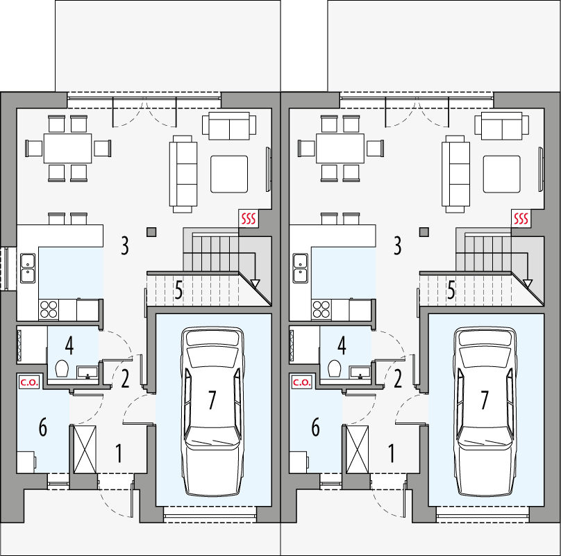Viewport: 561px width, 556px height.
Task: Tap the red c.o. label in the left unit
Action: (28, 382)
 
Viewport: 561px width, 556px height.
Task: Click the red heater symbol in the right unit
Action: (521, 220)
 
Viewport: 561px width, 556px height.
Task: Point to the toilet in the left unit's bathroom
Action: (60, 368)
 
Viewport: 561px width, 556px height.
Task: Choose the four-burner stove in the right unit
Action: (321, 307)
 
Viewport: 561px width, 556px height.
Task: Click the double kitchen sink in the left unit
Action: (28, 268)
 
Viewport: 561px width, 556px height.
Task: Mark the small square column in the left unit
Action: (151, 231)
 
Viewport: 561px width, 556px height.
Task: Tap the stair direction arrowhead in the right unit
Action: (528, 284)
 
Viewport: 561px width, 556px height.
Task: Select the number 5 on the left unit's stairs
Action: (178, 290)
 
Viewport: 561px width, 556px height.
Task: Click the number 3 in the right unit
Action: (397, 245)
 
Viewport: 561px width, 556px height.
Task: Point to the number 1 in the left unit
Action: (119, 455)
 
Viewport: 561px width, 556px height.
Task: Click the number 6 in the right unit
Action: (315, 428)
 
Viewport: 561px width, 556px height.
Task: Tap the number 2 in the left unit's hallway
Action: (125, 379)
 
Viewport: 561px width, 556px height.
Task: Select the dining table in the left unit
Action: (68, 148)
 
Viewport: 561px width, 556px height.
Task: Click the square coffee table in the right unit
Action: (502, 174)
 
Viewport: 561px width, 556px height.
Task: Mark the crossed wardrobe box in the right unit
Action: (358, 450)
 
